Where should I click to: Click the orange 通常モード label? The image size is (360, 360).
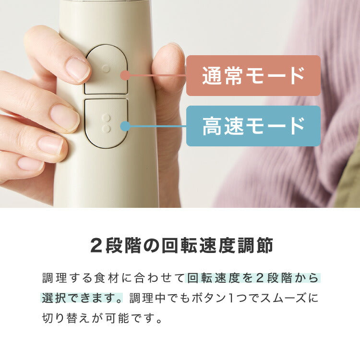[253, 76]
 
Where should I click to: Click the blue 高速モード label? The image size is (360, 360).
[253, 126]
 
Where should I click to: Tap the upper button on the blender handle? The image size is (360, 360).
[106, 69]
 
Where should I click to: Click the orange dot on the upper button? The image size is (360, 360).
[125, 75]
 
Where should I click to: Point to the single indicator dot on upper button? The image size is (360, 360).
[106, 69]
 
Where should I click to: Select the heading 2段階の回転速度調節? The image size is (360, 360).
[181, 246]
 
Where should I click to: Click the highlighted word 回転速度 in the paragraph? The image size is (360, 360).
[213, 278]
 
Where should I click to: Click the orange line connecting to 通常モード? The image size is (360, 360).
[156, 75]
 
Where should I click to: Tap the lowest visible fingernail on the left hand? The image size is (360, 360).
[30, 164]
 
